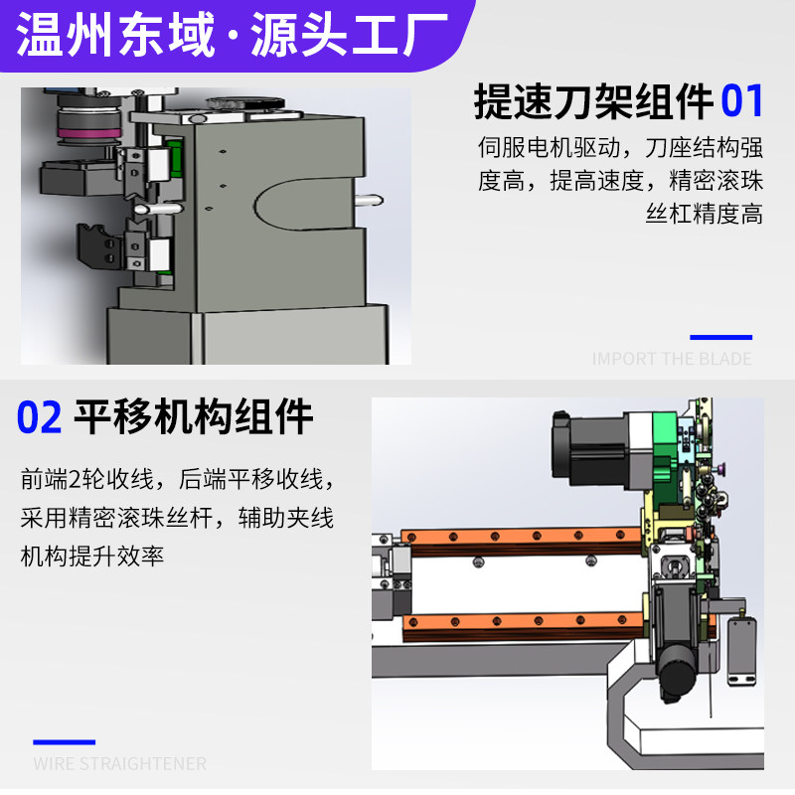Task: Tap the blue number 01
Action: click(x=742, y=101)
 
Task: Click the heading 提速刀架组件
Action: click(x=593, y=101)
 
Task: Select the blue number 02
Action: click(x=40, y=417)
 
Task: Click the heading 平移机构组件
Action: click(x=193, y=417)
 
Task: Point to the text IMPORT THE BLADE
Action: click(x=672, y=359)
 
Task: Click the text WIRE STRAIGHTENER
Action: click(x=119, y=764)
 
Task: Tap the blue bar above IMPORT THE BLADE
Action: click(x=720, y=338)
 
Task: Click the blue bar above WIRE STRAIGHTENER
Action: click(x=65, y=742)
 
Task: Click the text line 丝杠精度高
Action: click(x=704, y=214)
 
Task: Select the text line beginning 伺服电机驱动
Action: click(x=620, y=149)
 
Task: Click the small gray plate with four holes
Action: click(x=741, y=651)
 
